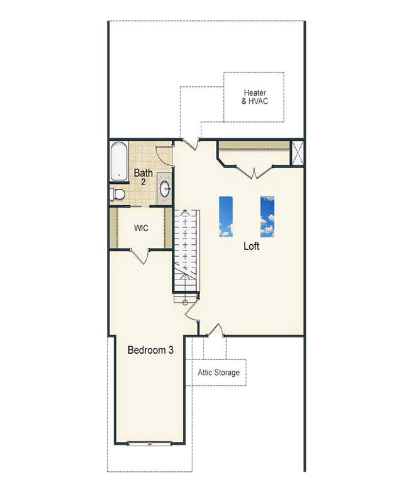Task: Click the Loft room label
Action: [x=251, y=246]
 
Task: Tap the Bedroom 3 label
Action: [x=150, y=350]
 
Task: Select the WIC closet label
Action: [x=141, y=228]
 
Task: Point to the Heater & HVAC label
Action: [x=255, y=97]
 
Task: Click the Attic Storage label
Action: [x=218, y=373]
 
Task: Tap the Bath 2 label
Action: [x=143, y=177]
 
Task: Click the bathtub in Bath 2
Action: [x=119, y=161]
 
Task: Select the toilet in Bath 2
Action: [x=117, y=194]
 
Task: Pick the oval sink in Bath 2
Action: [x=165, y=189]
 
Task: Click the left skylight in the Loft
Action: [x=226, y=217]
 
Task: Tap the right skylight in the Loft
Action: [x=267, y=217]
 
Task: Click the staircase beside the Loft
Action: [x=185, y=250]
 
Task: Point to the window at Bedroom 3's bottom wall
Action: [x=149, y=444]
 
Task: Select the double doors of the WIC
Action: [x=140, y=256]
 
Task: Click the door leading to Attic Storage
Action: [x=215, y=330]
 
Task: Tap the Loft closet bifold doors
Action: [x=254, y=172]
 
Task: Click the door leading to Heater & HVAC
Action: [x=191, y=144]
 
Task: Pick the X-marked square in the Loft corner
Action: [x=298, y=154]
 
